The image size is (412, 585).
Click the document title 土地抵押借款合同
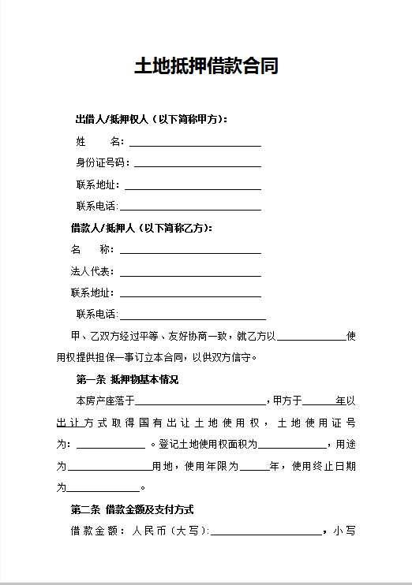(x=206, y=66)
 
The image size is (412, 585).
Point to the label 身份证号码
(x=101, y=163)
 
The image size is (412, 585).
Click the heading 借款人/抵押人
(x=142, y=228)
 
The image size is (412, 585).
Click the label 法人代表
(x=92, y=272)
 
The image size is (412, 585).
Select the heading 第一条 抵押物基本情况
(x=127, y=380)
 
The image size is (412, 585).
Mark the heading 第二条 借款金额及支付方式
(x=132, y=509)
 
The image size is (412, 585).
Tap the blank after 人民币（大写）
(x=266, y=533)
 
